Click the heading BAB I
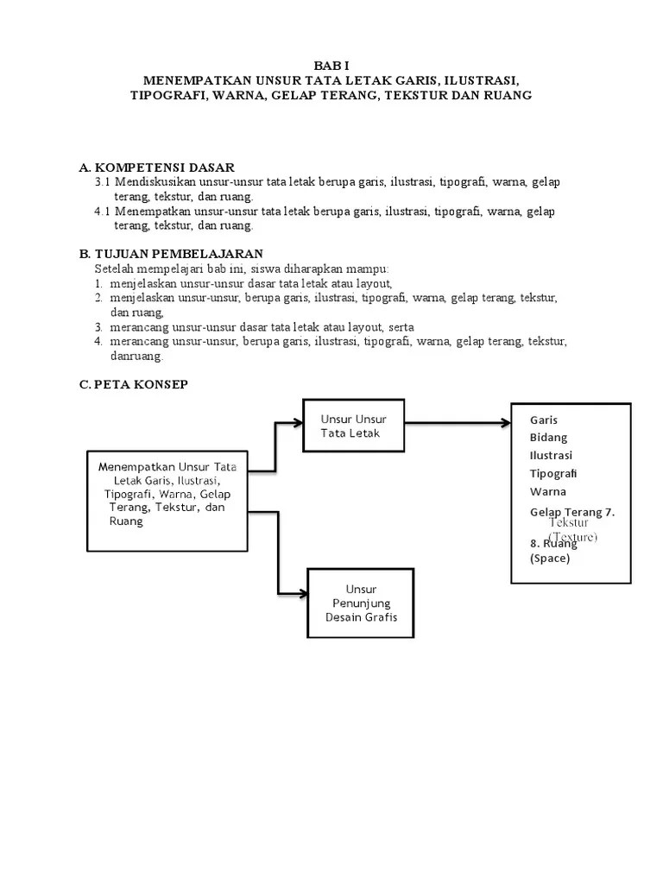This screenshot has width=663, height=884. tap(331, 66)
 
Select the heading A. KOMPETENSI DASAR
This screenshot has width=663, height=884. tap(156, 167)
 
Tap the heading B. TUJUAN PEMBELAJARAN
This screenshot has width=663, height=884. tap(171, 254)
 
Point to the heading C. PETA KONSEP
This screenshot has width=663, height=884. tap(133, 385)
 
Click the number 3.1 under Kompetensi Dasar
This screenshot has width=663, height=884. tap(104, 183)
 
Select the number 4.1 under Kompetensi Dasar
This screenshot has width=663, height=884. tap(104, 211)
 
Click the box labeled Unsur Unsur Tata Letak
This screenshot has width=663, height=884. tap(353, 426)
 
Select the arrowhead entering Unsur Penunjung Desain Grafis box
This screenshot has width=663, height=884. tap(303, 593)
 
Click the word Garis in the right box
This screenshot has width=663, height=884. tap(544, 420)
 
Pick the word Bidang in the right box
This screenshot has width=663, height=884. tap(548, 438)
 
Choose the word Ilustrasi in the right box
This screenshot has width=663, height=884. tap(551, 456)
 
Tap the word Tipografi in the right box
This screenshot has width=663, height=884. tap(553, 474)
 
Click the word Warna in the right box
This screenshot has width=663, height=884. tap(547, 492)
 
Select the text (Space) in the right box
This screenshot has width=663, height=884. tap(550, 559)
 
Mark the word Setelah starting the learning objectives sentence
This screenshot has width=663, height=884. tap(115, 268)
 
